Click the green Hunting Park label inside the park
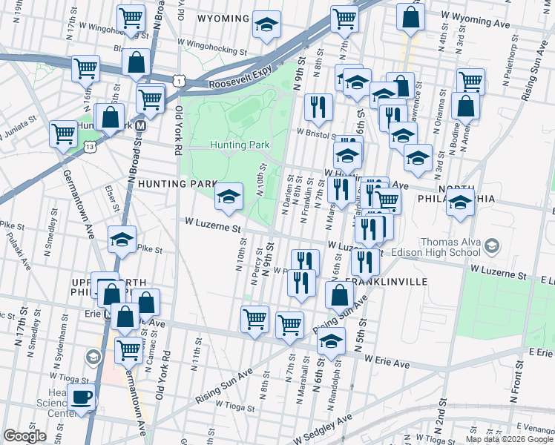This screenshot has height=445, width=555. pos(238,145)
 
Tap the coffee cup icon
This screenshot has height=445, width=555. pos(81,396)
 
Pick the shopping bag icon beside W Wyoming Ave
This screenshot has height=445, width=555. pos(410,16)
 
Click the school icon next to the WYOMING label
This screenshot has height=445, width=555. pos(266,24)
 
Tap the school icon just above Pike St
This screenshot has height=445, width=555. pos(122,239)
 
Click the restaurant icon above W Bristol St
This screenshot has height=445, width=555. pos(318,106)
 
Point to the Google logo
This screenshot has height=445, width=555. pos(24,436)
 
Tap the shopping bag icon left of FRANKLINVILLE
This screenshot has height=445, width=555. pos(339,294)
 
